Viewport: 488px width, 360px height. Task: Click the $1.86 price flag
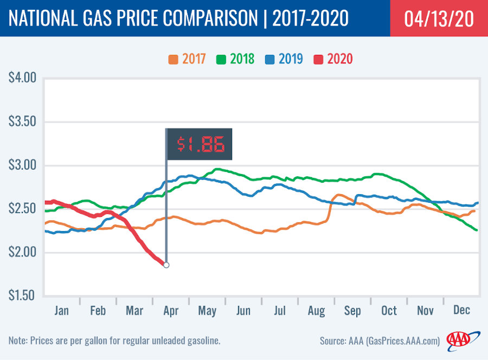[198, 144]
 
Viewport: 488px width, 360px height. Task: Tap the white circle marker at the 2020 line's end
[166, 265]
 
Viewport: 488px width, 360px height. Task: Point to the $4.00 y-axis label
[22, 78]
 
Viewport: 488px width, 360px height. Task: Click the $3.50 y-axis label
[22, 121]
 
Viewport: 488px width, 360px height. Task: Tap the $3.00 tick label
[22, 165]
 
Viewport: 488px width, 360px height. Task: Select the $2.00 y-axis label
[22, 252]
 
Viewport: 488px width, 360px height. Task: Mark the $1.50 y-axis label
[22, 296]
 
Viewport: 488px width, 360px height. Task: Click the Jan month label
[61, 311]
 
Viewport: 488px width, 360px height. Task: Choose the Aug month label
[316, 311]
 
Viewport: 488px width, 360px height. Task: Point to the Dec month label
[462, 311]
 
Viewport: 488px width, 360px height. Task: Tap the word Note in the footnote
[19, 340]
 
